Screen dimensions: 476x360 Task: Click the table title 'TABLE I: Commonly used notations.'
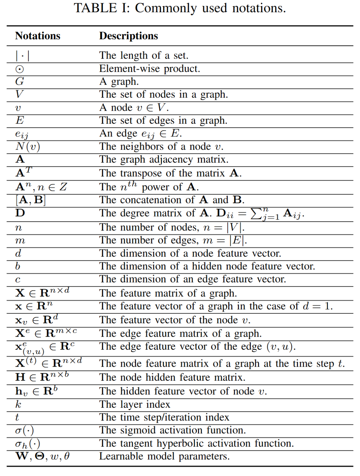180,8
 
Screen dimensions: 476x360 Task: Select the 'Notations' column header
38,36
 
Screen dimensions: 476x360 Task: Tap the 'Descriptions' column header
128,36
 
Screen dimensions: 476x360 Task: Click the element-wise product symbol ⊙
20,69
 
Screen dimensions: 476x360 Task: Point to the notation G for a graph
20,81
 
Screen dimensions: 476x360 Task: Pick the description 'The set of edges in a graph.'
163,120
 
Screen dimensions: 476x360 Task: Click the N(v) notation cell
28,147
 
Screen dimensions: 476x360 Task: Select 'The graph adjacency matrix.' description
164,159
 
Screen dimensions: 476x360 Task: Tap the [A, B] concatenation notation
30,200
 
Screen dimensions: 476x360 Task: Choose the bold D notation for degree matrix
20,213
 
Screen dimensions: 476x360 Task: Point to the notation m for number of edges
20,241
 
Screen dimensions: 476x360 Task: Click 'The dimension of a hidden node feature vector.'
207,266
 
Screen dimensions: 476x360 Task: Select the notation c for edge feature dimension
18,279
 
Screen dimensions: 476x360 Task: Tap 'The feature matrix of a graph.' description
168,293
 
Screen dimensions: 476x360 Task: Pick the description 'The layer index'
135,404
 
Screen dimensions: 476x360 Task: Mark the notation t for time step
17,417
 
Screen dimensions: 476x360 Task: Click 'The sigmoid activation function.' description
172,430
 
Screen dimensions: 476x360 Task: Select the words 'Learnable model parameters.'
164,456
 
